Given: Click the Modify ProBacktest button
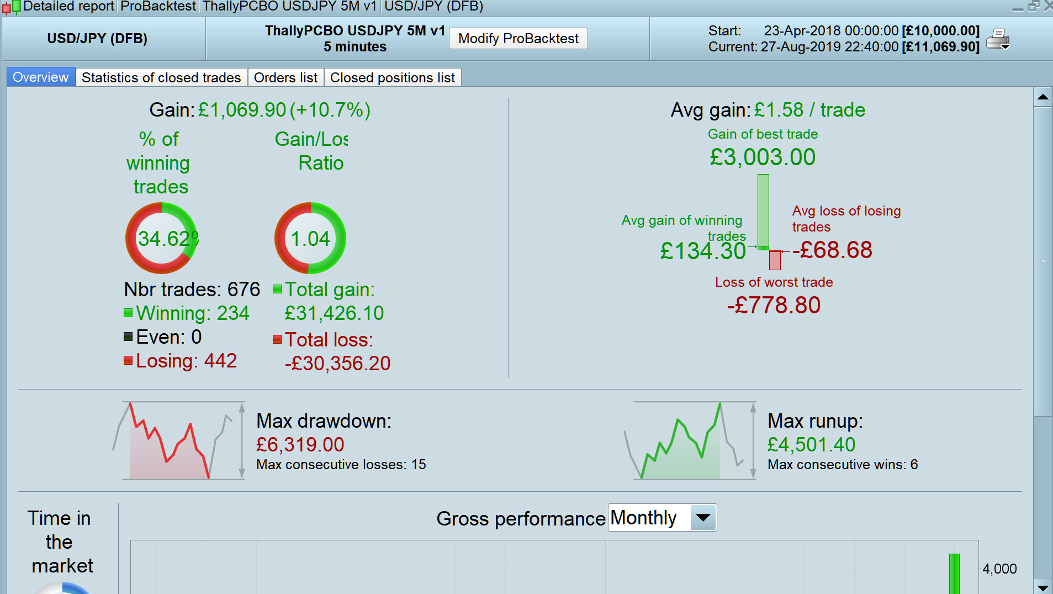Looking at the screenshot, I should point(518,39).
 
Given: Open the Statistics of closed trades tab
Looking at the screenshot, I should point(161,78).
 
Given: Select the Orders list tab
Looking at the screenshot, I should point(285,78).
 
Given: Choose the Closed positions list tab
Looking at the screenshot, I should point(392,78).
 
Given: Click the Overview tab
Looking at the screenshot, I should point(41,77).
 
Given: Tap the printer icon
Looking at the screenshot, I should point(998,39).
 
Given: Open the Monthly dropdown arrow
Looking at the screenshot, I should point(703,518).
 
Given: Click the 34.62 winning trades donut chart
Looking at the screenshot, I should point(161,238).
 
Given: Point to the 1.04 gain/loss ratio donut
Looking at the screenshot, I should point(310,238).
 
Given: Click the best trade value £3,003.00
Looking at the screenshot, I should point(763,157).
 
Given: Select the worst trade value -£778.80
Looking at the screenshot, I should point(774,306).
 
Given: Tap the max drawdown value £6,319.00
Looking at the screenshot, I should point(300,445).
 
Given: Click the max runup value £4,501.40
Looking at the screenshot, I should point(811,445).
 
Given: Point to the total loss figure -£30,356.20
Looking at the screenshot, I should point(337,364).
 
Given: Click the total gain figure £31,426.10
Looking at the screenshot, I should point(334,314).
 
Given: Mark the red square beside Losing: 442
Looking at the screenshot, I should point(128,361).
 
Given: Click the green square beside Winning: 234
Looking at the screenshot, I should point(128,313).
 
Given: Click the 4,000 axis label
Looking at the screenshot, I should point(999,569).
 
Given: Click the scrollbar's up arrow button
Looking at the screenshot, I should point(1043,97).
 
